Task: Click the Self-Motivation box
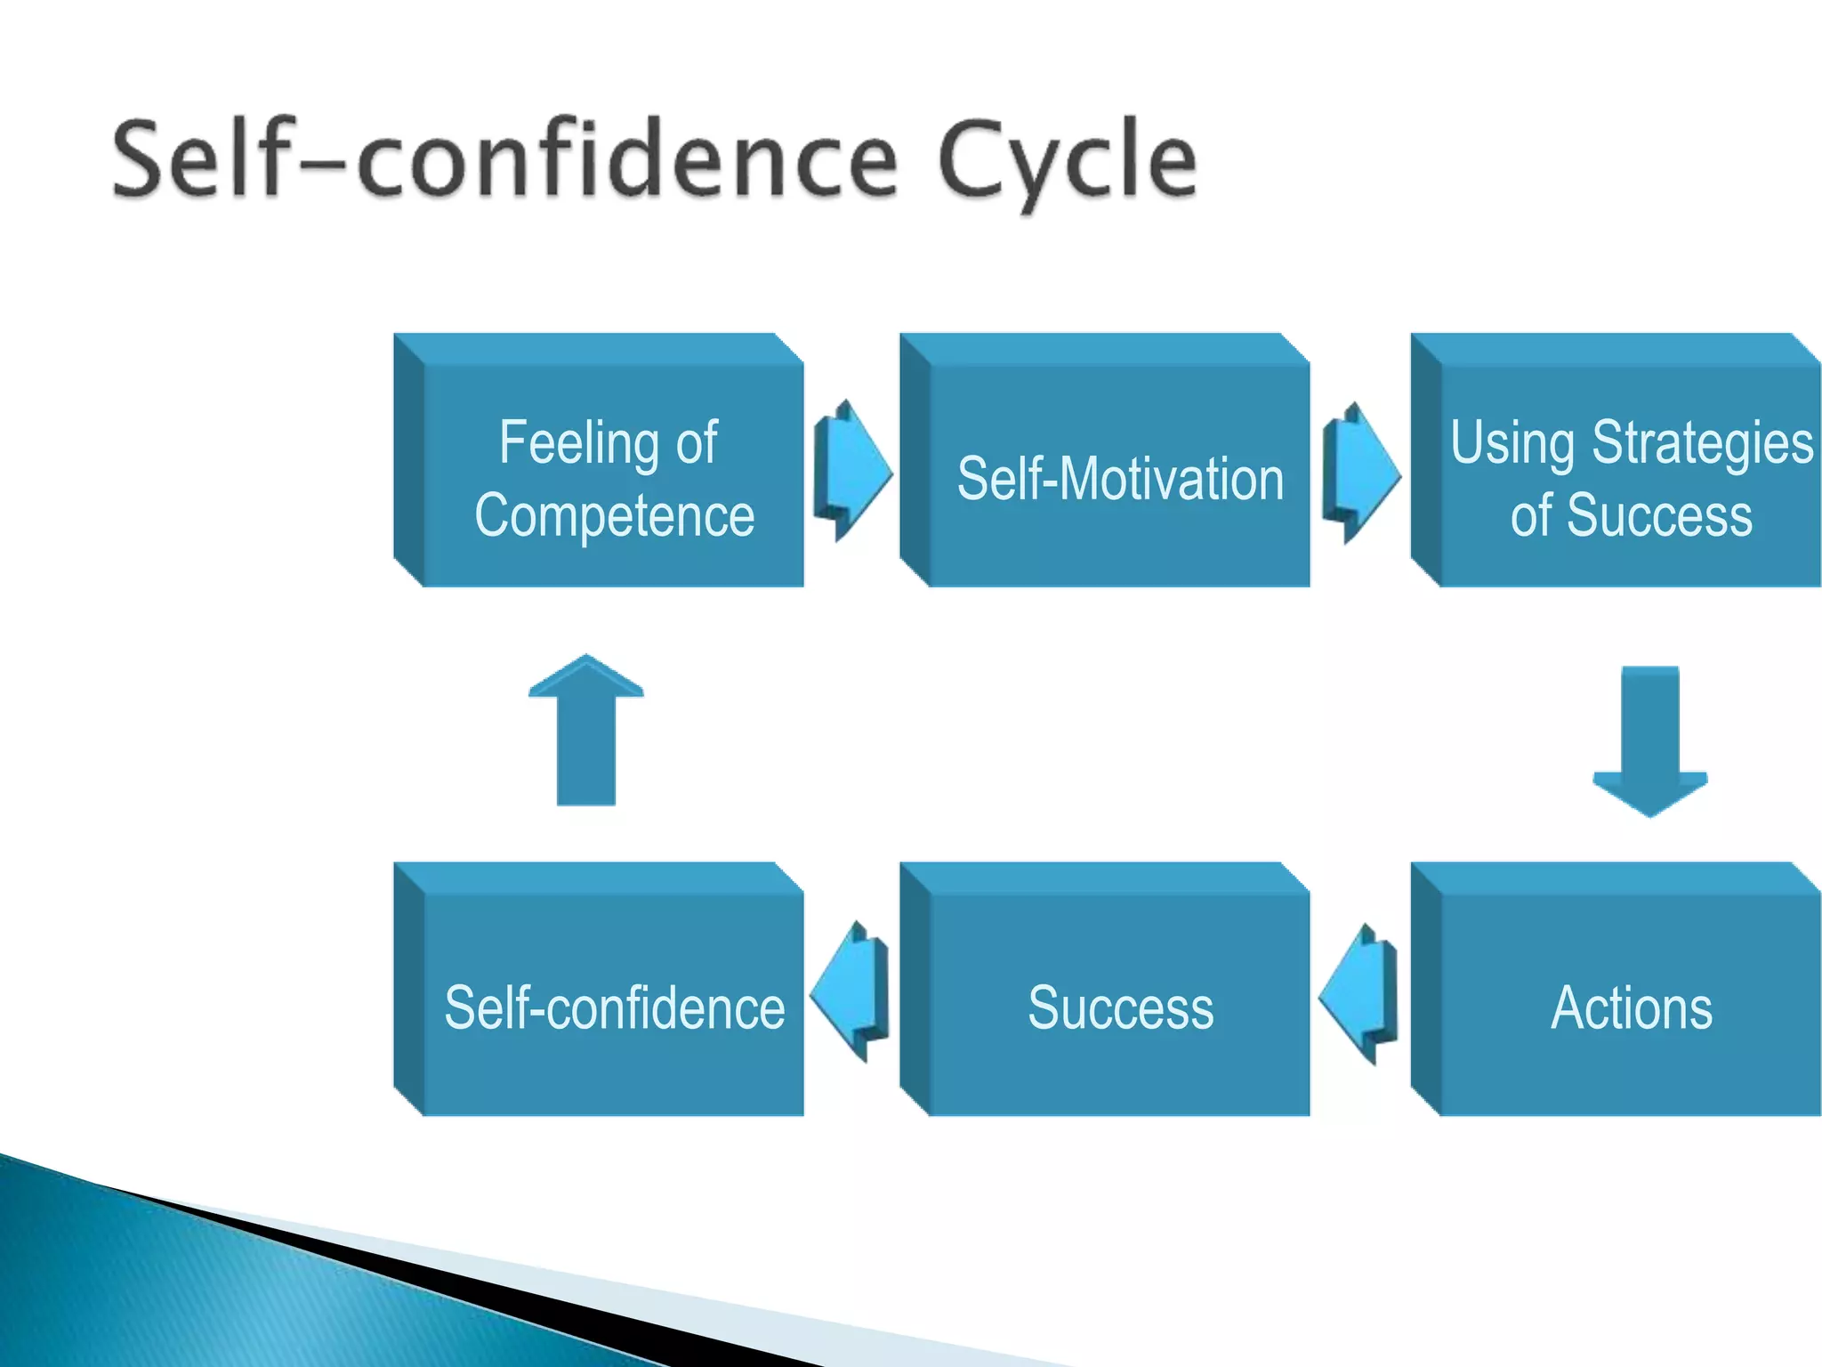coord(1106,460)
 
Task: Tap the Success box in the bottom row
coord(1106,989)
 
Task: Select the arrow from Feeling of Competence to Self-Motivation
coord(852,469)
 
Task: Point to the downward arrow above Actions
coord(1650,740)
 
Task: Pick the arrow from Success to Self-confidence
coord(851,991)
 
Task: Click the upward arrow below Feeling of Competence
coord(585,732)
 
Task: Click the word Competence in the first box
coord(615,515)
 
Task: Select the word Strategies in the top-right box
coord(1702,442)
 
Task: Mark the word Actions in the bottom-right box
coord(1632,1008)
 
